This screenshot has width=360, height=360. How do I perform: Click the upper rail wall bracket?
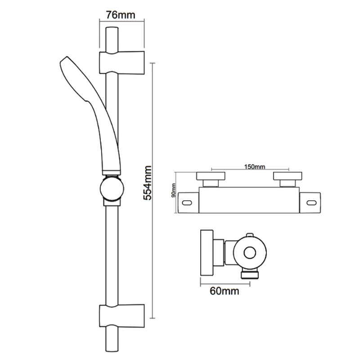[x=121, y=62]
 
